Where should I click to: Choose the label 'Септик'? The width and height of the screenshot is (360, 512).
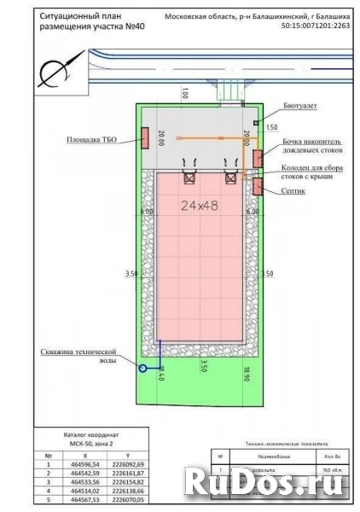tap(293, 192)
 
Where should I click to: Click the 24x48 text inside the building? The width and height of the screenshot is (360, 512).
tap(199, 205)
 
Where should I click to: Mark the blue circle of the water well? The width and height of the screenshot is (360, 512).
tap(143, 368)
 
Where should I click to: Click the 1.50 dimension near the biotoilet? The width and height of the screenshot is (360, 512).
tap(271, 127)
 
